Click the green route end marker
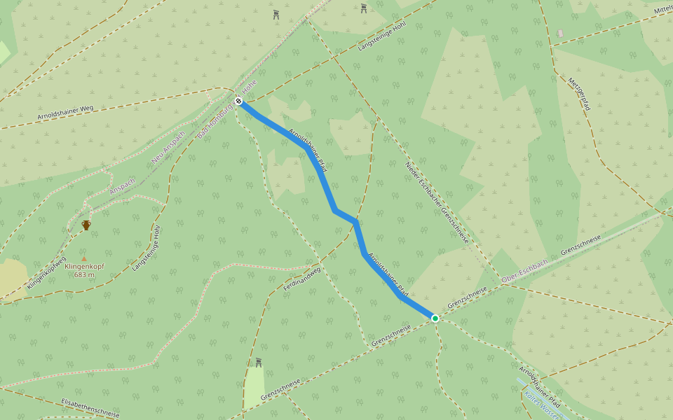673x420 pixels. click(x=435, y=318)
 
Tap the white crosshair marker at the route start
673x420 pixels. click(x=239, y=101)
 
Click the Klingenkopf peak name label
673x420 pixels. click(x=84, y=267)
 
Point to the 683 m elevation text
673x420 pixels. click(x=84, y=275)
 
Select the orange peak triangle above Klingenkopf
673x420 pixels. click(x=84, y=258)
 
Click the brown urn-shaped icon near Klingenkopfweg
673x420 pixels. click(x=86, y=225)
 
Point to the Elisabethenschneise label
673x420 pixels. click(x=90, y=407)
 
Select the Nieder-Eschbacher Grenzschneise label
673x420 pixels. click(x=436, y=202)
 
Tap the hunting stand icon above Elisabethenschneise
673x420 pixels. click(x=258, y=362)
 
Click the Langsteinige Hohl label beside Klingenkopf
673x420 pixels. click(x=147, y=248)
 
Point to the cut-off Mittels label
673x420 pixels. click(x=662, y=9)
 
